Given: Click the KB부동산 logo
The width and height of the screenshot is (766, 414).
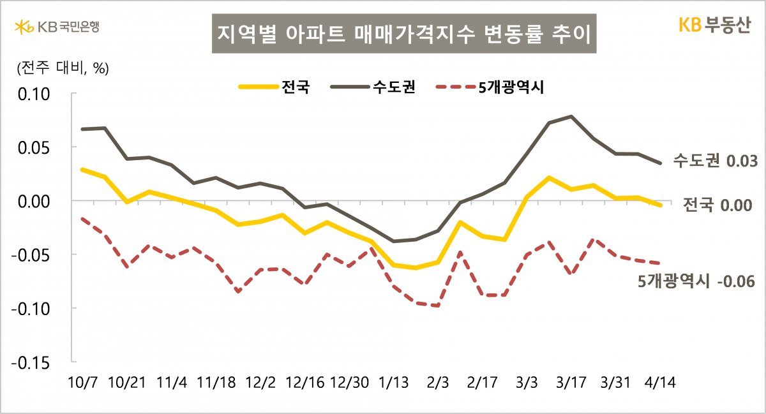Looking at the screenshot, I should pos(714,26).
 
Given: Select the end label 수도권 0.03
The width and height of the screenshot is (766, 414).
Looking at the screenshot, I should pos(715,161).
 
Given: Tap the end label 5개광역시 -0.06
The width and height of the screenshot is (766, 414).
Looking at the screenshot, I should pos(696,281).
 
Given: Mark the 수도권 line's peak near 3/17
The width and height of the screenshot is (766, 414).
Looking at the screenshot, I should pos(570,116).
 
